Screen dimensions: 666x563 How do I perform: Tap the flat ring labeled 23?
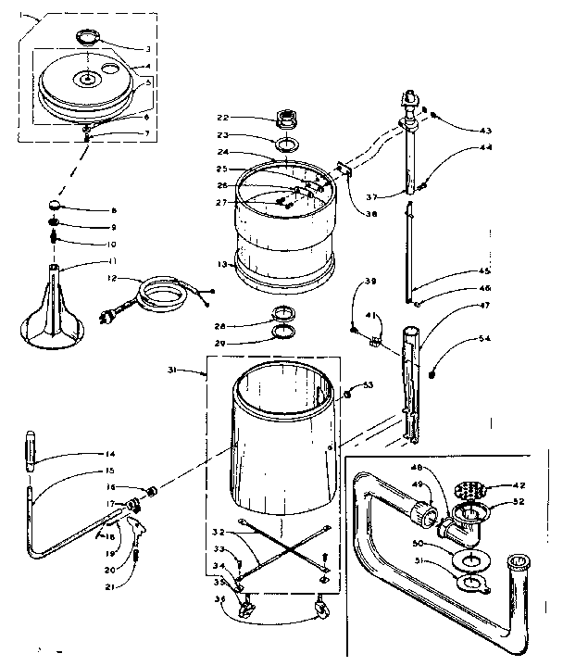click(286, 145)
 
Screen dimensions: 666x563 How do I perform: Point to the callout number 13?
click(221, 263)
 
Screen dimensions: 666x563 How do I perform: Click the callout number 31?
click(197, 372)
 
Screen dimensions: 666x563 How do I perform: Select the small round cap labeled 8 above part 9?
click(56, 206)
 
